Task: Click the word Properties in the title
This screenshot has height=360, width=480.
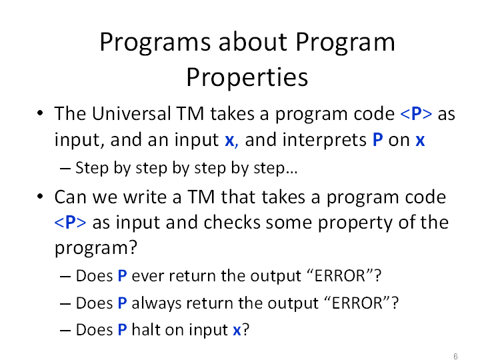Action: [247, 78]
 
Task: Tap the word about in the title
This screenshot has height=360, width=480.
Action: [253, 41]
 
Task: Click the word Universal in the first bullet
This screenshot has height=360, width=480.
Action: [131, 113]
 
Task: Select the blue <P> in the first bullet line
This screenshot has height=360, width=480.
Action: [416, 114]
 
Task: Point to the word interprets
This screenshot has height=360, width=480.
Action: [324, 140]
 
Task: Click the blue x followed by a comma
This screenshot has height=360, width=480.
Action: [231, 141]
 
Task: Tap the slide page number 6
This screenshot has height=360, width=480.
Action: [455, 356]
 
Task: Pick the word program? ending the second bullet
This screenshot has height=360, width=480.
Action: [96, 248]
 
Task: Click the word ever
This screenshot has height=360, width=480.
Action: [147, 276]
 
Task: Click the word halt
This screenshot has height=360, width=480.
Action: [147, 330]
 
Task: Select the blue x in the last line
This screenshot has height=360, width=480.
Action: [237, 331]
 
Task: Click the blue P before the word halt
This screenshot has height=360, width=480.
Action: [122, 330]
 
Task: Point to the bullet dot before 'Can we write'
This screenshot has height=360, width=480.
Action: [40, 196]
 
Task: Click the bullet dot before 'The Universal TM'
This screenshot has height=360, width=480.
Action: [40, 113]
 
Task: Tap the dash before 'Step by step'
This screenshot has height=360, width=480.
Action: [65, 169]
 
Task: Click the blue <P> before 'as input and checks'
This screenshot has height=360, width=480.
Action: [70, 222]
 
